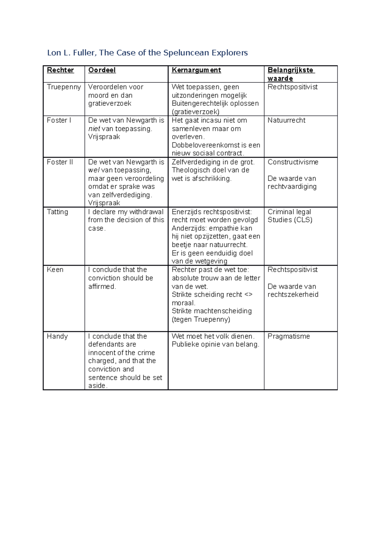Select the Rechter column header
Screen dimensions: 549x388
[x=60, y=70]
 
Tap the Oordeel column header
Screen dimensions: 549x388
[x=102, y=70]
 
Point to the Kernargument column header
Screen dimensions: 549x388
[x=196, y=70]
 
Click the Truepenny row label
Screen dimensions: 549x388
[x=64, y=87]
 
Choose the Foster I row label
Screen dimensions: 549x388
[x=59, y=120]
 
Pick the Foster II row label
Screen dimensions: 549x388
[x=60, y=162]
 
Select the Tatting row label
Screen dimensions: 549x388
[x=58, y=212]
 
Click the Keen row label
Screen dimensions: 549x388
[x=55, y=270]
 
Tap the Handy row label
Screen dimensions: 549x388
[x=57, y=336]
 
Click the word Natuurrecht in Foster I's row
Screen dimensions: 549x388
[x=286, y=120]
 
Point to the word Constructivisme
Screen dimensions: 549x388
[x=293, y=162]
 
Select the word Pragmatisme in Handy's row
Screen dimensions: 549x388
[x=289, y=336]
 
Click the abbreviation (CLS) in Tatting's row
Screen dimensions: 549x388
[x=303, y=220]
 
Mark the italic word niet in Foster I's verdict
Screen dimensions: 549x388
[x=94, y=129]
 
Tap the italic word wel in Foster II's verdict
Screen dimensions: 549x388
[x=93, y=170]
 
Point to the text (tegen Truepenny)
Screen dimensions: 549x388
[x=201, y=319]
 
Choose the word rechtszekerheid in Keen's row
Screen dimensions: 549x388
[x=293, y=295]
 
